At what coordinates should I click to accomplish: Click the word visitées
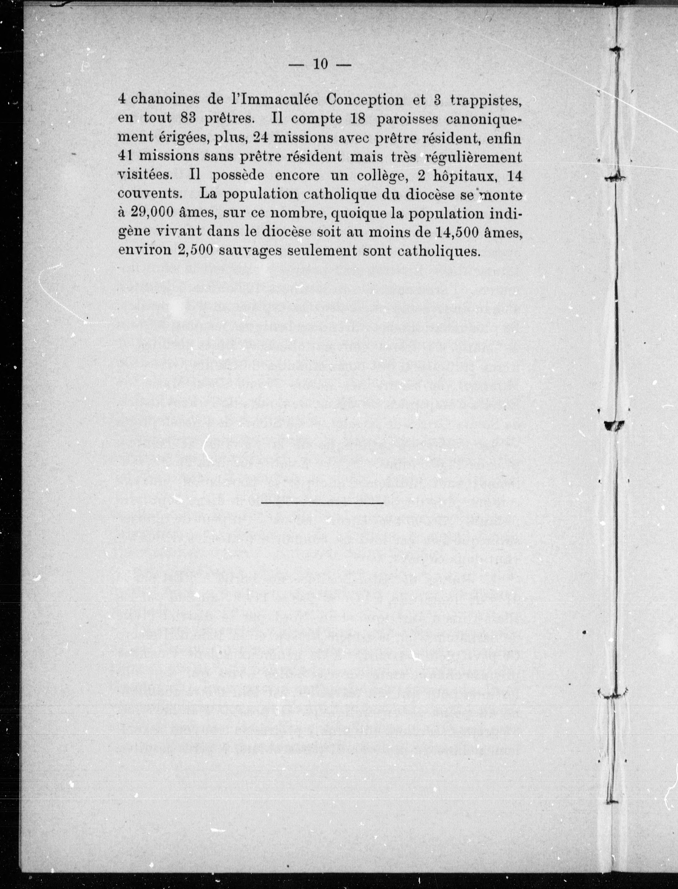point(146,176)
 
